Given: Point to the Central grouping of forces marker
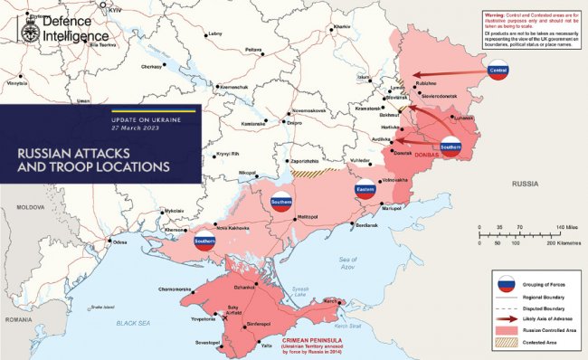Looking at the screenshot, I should point(498,71).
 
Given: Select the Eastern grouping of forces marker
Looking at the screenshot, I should point(365,190).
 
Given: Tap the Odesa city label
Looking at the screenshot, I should point(120,242).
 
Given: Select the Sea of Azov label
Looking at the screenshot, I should point(346,263).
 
